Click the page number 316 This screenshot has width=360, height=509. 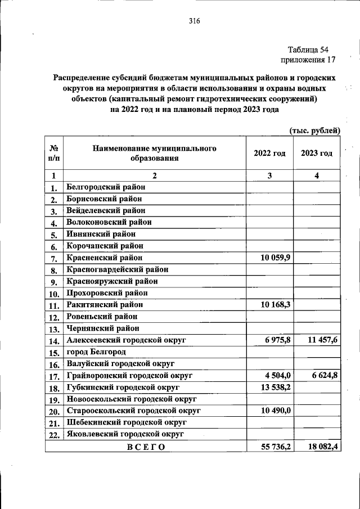click(195, 21)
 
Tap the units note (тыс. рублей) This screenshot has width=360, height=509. click(314, 130)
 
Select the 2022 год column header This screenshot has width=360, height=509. click(269, 153)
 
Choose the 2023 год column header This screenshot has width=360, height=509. click(316, 153)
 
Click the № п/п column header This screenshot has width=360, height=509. click(54, 153)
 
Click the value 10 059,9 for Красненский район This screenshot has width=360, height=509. click(275, 258)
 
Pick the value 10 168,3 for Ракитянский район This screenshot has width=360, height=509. click(275, 305)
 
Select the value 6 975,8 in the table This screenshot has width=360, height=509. click(277, 340)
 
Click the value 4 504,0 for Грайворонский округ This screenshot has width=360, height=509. click(277, 376)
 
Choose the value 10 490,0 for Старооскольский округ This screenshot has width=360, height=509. click(275, 411)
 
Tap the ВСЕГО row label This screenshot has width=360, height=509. click(146, 447)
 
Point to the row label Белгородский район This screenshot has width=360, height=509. click(105, 187)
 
